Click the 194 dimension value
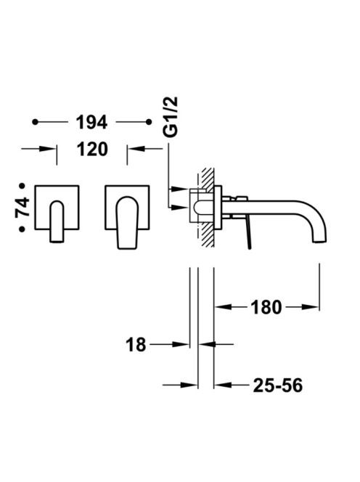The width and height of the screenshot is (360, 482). [91, 123]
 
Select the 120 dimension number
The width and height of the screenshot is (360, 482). [92, 150]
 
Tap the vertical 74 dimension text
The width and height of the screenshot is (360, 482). [22, 208]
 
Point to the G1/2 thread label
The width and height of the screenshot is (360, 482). [171, 117]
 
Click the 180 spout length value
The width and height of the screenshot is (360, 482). [266, 307]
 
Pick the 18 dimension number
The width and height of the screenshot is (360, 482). [136, 345]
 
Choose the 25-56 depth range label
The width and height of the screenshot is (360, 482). [278, 385]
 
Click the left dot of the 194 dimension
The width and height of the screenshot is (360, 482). [36, 122]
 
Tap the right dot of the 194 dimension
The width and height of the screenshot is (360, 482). [149, 122]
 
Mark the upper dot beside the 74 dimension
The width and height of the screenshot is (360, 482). [22, 186]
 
